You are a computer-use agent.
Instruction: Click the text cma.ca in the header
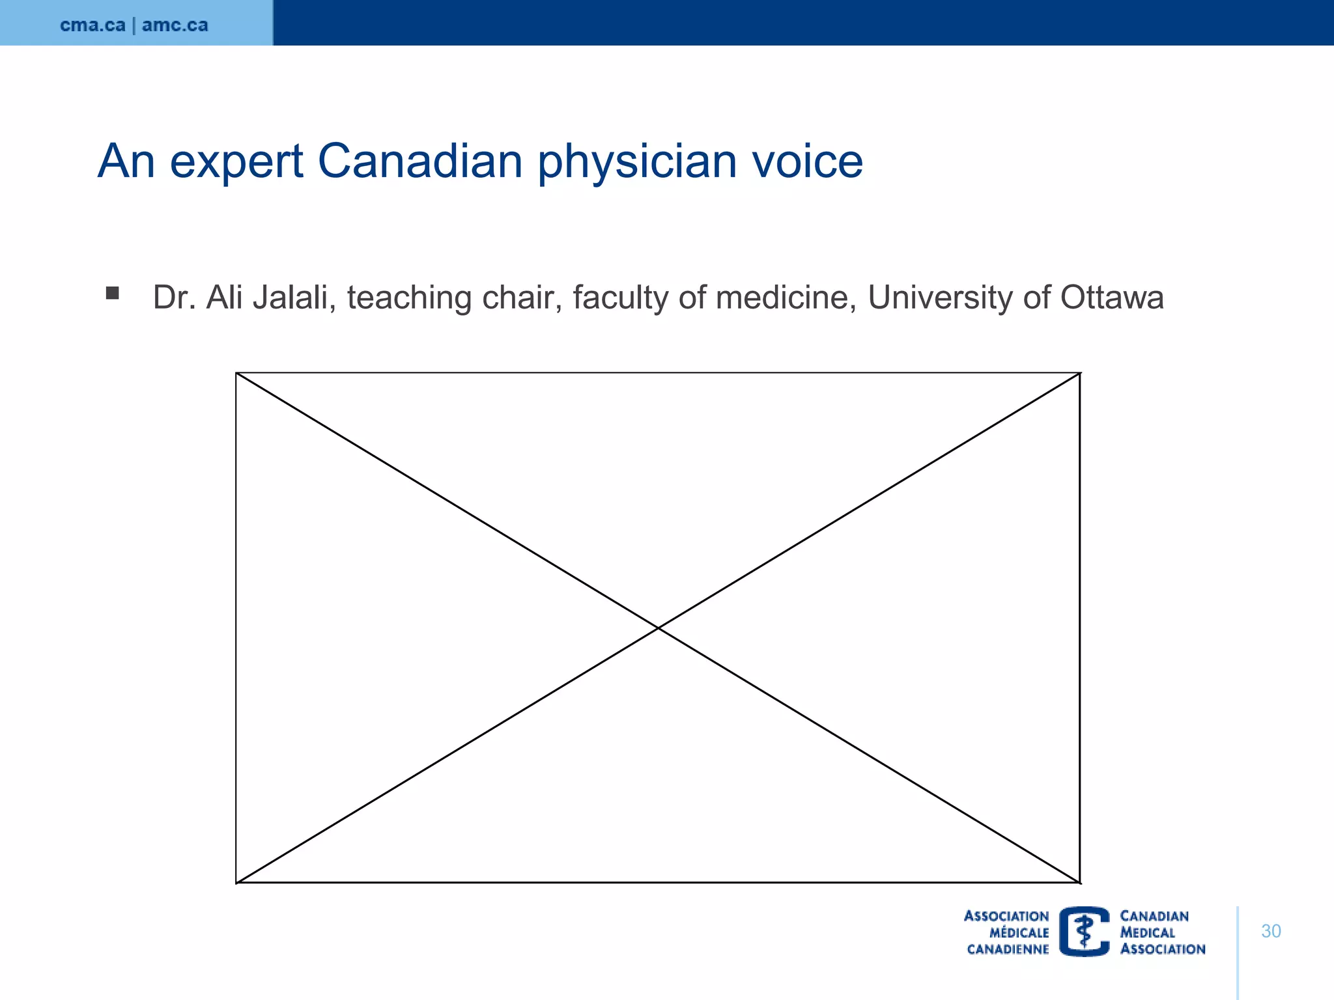92,25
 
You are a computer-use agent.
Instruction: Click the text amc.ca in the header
175,25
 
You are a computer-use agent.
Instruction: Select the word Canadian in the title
420,161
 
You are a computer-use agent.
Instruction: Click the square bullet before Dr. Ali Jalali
113,293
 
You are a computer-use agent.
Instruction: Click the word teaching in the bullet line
408,299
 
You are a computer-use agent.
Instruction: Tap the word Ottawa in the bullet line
1111,298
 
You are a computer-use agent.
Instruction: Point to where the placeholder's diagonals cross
659,628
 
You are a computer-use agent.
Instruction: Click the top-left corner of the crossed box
236,374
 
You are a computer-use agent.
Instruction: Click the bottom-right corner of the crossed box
1080,882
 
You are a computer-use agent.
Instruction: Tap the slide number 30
1271,931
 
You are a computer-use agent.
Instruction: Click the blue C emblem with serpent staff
1085,931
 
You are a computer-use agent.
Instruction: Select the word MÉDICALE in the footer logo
1019,933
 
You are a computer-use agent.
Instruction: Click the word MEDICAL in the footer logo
1147,933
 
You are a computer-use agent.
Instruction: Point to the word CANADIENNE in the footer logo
1008,949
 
